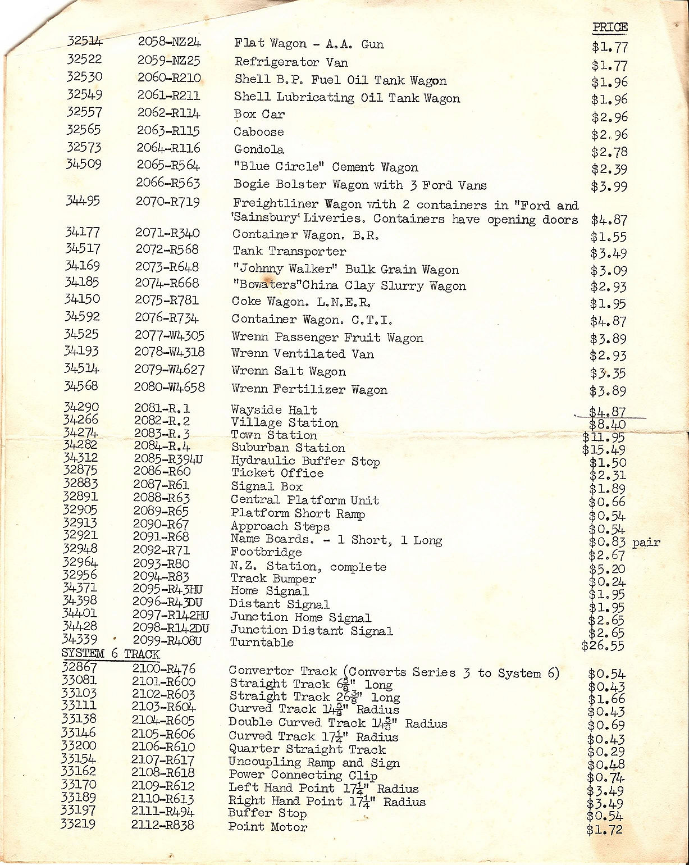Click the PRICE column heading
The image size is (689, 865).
(x=610, y=27)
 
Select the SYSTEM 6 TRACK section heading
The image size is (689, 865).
(x=111, y=654)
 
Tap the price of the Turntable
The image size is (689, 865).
(x=603, y=645)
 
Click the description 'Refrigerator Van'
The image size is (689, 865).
(x=291, y=62)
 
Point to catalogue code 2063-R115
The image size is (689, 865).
(x=168, y=131)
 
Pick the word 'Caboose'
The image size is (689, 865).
(x=259, y=132)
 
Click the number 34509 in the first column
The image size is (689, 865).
(x=84, y=165)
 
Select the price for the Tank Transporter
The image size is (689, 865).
(x=608, y=254)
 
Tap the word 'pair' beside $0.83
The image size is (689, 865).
(x=646, y=543)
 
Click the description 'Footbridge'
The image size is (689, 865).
(x=266, y=552)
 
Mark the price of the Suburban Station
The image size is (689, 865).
(x=603, y=450)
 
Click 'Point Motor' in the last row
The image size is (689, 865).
(x=268, y=827)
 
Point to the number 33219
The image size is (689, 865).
(x=78, y=824)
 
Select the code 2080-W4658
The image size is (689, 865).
(x=169, y=388)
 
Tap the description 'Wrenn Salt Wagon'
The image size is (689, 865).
(x=289, y=372)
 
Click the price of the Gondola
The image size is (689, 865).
(x=609, y=152)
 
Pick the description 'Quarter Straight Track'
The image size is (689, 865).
(x=307, y=749)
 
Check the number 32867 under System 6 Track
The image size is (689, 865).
(x=79, y=667)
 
